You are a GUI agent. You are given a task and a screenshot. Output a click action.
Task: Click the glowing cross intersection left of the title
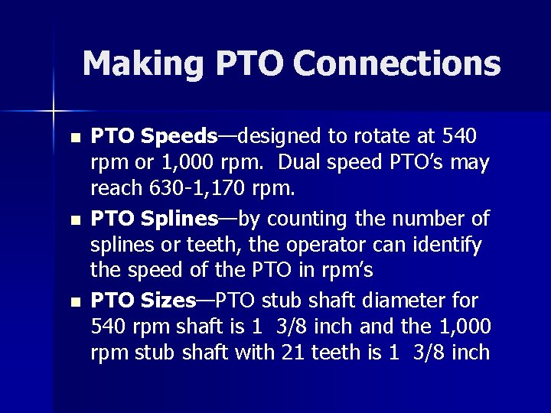tap(54, 112)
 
